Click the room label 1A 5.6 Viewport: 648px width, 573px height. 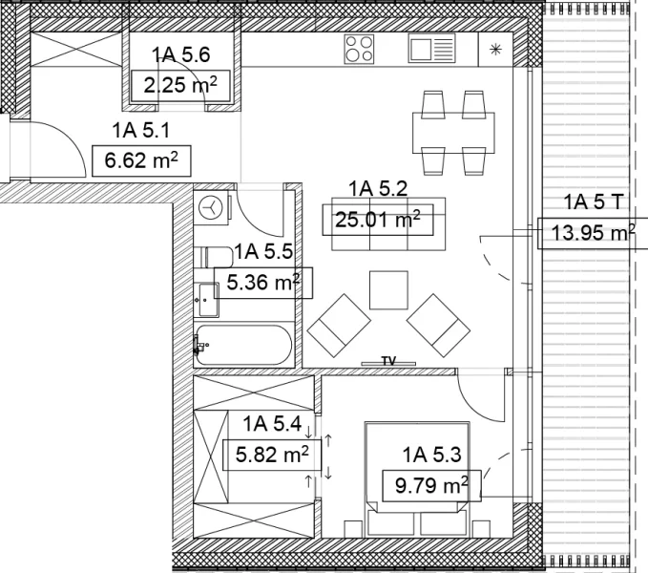tap(181, 55)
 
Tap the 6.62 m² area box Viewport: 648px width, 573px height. tap(141, 160)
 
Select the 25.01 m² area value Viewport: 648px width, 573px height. tap(378, 220)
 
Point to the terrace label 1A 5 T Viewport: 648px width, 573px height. tap(593, 202)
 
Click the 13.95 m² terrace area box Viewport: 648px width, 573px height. tap(593, 233)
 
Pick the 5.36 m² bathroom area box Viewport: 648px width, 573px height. tap(263, 284)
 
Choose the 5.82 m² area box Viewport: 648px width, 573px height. tap(272, 455)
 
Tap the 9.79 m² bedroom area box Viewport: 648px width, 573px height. tap(431, 486)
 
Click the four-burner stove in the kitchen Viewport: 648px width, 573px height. tap(359, 49)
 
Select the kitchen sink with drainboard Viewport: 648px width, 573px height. tap(431, 48)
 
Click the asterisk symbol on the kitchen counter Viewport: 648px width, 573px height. tap(495, 50)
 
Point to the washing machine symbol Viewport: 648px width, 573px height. tap(211, 207)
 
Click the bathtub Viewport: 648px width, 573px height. tap(243, 345)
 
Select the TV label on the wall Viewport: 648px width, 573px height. tap(388, 360)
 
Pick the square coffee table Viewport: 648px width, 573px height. tap(388, 290)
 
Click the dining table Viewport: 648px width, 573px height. tap(453, 133)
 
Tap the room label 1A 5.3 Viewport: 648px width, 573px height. tap(431, 455)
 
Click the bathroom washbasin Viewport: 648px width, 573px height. tap(207, 300)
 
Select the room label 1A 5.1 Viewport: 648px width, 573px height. tap(141, 131)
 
